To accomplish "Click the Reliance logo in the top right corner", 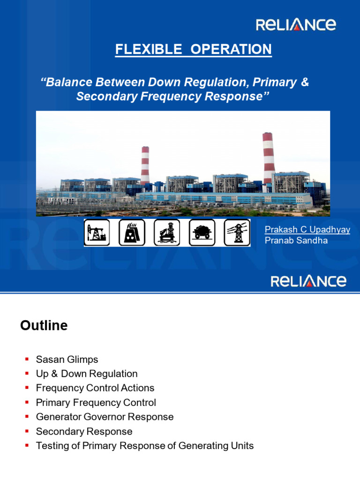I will [x=295, y=24].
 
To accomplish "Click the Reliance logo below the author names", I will [x=308, y=281].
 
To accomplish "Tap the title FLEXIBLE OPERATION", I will [x=194, y=49].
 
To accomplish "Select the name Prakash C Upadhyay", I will [x=307, y=229].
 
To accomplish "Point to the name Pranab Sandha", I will [x=296, y=240].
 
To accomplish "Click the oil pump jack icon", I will [x=97, y=232].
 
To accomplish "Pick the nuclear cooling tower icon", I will [x=132, y=232].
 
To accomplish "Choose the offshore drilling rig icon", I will [x=167, y=232].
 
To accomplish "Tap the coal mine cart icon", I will [x=202, y=232].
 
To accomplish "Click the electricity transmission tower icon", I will [x=237, y=232].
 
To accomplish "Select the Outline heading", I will [x=44, y=325].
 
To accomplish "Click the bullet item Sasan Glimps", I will [x=67, y=360].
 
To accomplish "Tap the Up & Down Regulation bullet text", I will [x=87, y=374].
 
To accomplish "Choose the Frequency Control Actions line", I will [x=95, y=388].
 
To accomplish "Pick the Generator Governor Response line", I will [x=105, y=417].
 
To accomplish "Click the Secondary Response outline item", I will [x=84, y=431].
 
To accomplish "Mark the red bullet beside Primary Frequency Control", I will [x=27, y=403].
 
